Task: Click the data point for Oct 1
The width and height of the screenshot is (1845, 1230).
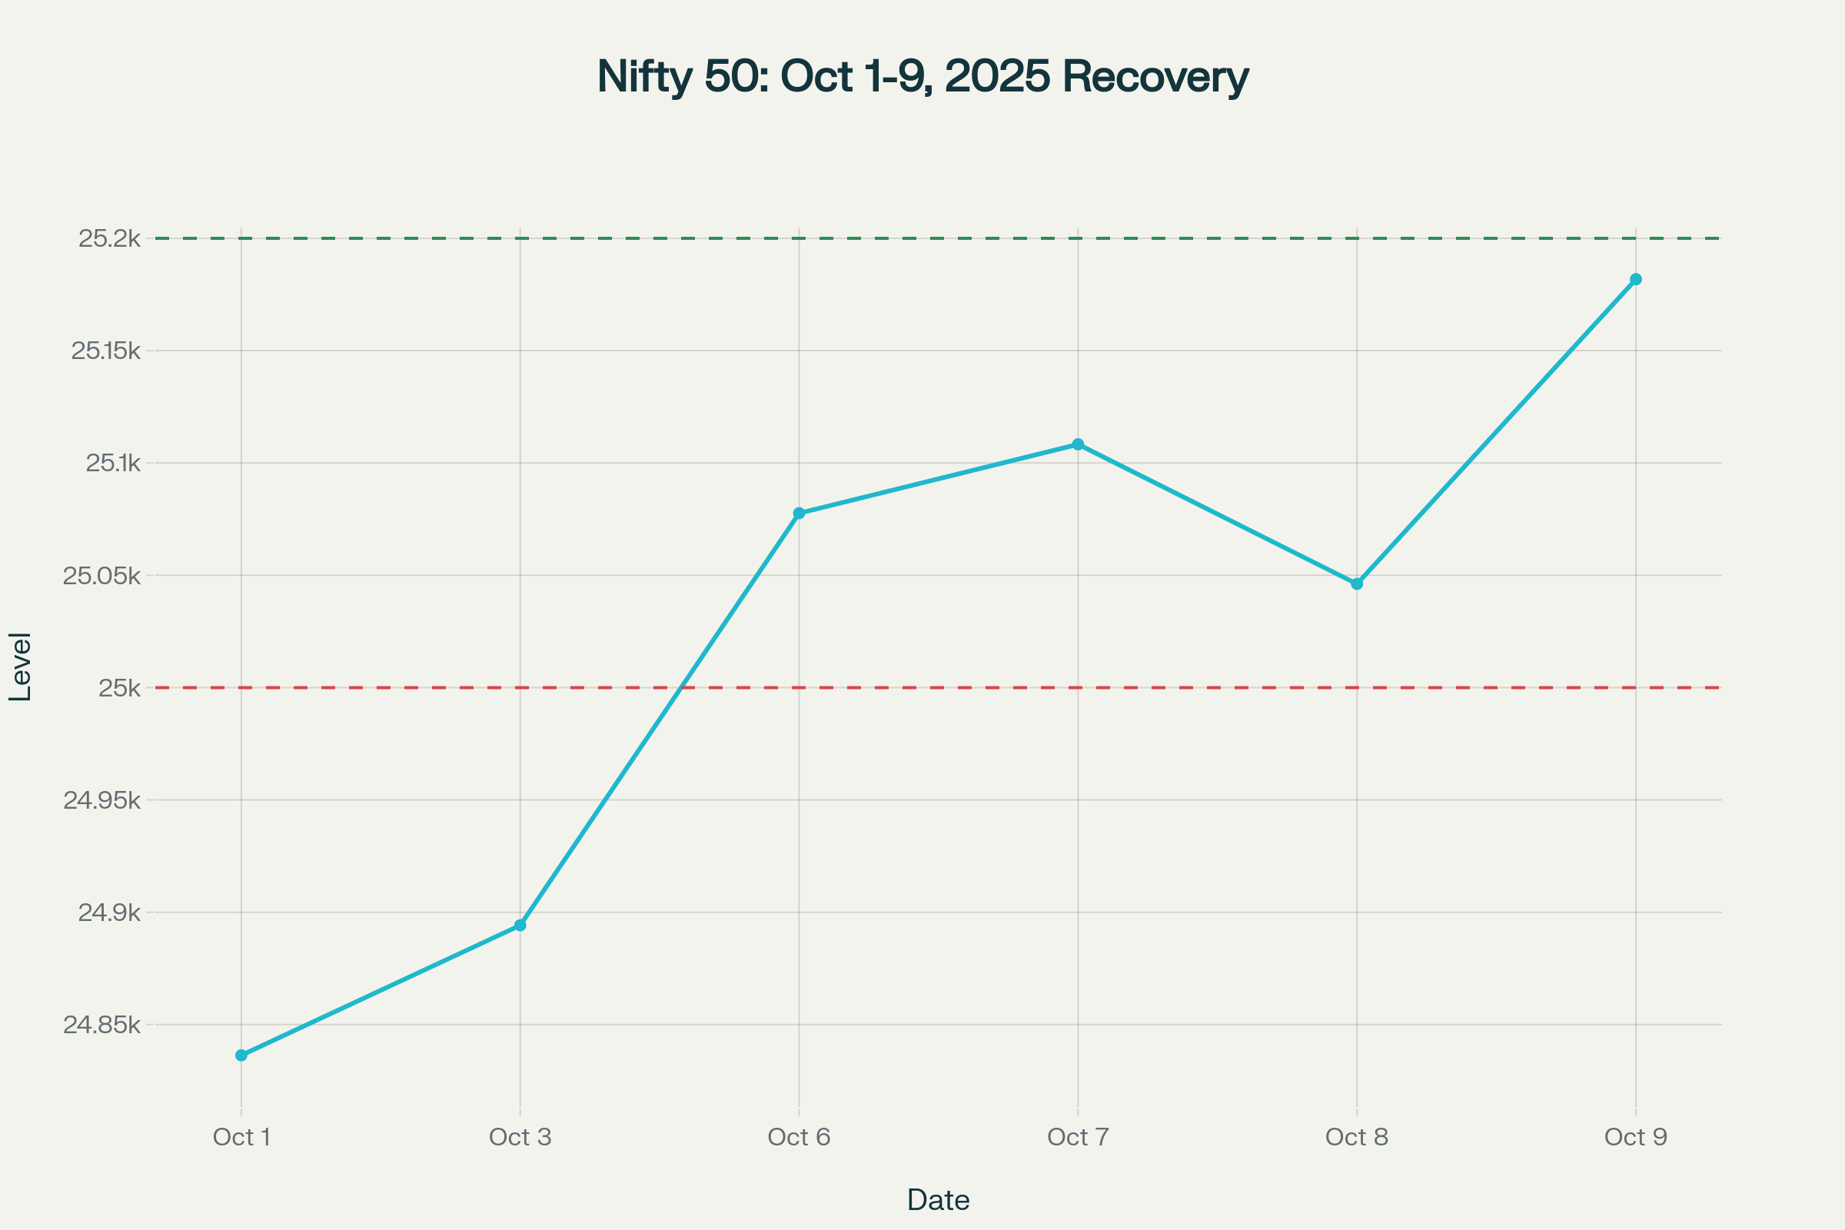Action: [241, 1055]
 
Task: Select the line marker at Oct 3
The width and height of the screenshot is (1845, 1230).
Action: [520, 926]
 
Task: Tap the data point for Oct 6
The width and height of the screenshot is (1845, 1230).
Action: [799, 513]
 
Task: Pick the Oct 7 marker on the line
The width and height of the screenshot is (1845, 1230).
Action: [1078, 444]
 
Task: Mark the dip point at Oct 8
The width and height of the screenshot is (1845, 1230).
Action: [1357, 583]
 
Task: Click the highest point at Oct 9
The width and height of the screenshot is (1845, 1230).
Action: [1636, 279]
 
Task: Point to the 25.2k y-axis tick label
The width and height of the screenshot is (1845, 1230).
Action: [109, 238]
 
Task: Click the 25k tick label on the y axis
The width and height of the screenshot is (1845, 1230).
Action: [119, 688]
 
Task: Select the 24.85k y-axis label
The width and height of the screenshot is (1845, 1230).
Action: [102, 1025]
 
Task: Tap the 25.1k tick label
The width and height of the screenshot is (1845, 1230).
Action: [113, 464]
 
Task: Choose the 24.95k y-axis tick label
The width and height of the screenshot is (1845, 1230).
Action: [102, 800]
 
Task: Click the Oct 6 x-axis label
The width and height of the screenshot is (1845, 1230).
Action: [799, 1138]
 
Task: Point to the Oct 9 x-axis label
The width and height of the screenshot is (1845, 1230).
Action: [1636, 1138]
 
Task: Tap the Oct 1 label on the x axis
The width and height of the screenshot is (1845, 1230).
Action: [241, 1138]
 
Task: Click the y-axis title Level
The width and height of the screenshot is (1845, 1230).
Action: [21, 667]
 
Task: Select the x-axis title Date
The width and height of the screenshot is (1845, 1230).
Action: [938, 1200]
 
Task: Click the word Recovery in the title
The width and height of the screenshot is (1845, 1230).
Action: [1155, 77]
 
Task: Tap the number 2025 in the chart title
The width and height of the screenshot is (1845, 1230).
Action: [997, 77]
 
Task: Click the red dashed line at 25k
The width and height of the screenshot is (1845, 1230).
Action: [941, 688]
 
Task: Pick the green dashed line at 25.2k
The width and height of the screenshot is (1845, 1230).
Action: [941, 238]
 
